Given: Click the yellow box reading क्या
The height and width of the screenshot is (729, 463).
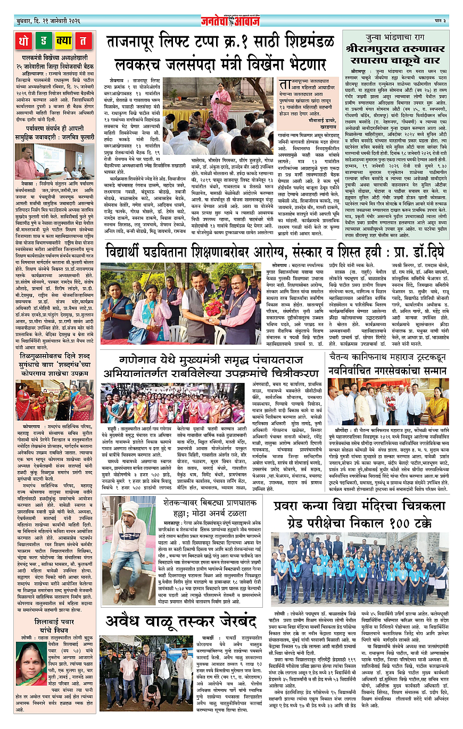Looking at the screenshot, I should point(63,41).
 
